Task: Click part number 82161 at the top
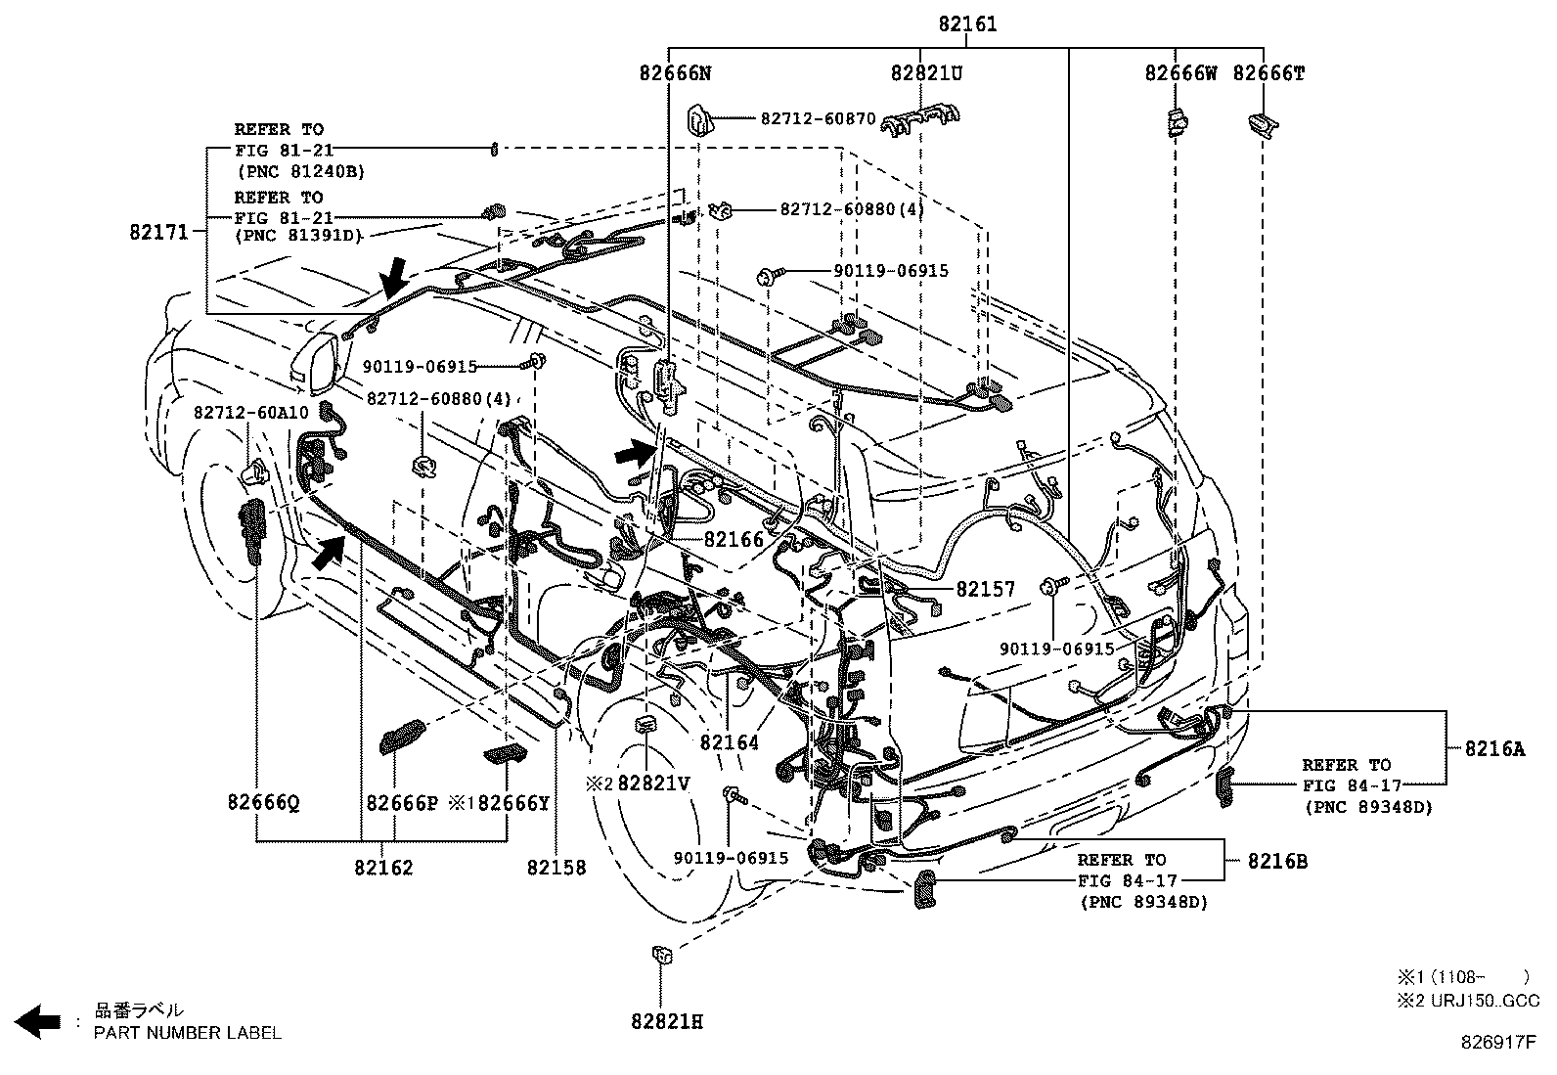click(967, 24)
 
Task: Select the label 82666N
click(675, 73)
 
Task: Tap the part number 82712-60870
click(818, 118)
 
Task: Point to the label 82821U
click(926, 73)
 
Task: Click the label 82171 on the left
click(157, 232)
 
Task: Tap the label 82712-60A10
click(250, 413)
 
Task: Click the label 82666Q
click(262, 803)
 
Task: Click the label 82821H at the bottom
click(666, 1022)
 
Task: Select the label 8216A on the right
click(1493, 749)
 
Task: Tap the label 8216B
click(1276, 862)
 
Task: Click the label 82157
click(985, 589)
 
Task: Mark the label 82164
click(729, 742)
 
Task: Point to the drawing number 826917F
click(1499, 1043)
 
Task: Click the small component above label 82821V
click(646, 723)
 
